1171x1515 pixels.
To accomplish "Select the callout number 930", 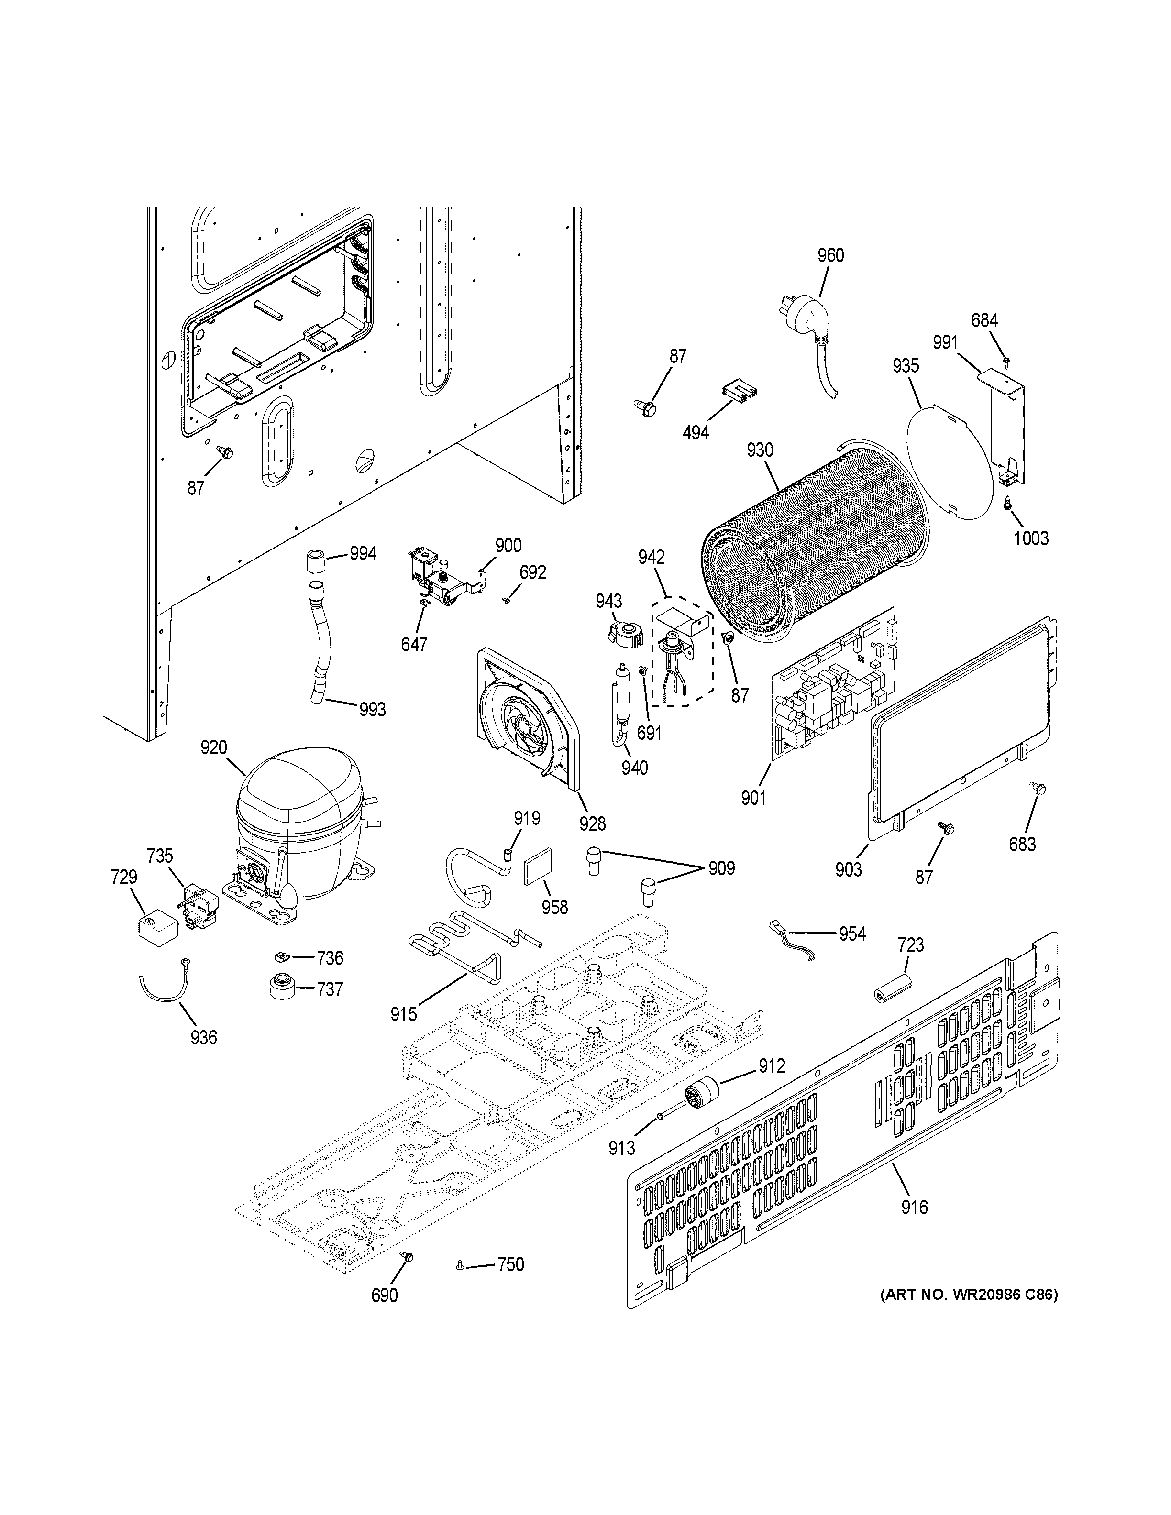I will (760, 450).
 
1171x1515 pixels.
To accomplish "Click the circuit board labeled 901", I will (832, 683).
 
